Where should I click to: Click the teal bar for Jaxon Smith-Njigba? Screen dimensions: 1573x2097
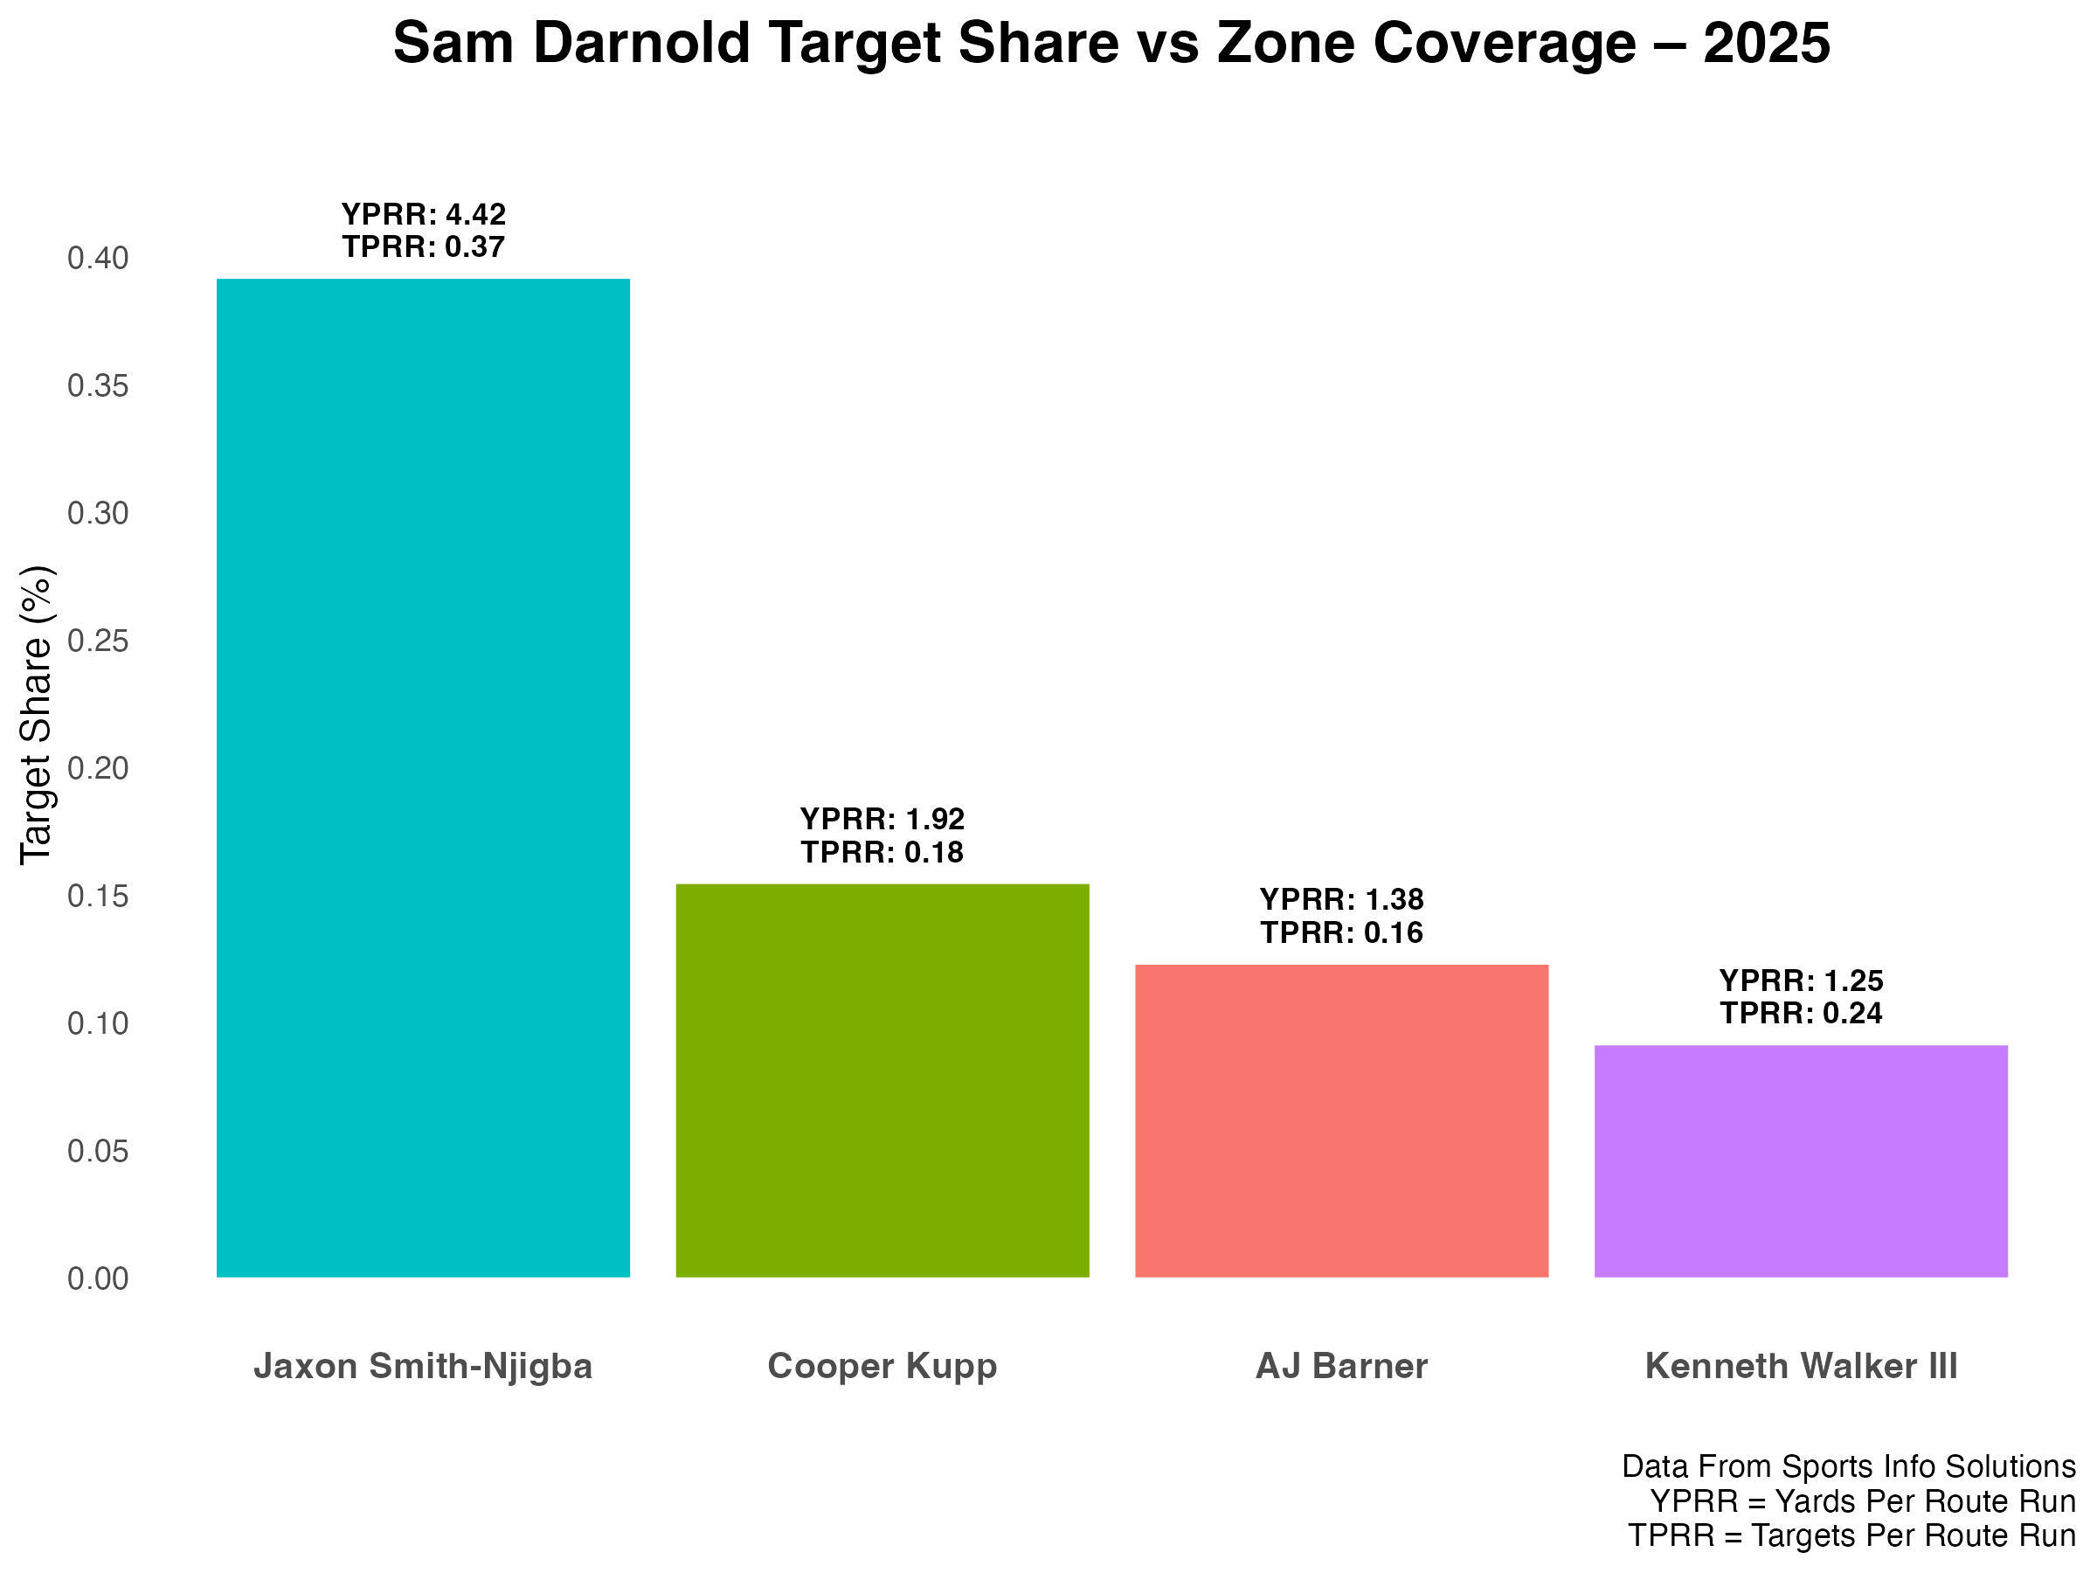coord(423,778)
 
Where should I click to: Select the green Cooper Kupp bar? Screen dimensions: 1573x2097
coord(882,1080)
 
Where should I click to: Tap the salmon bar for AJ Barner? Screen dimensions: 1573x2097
coord(1340,1119)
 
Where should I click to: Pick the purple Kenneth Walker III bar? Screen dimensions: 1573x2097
coord(1800,1161)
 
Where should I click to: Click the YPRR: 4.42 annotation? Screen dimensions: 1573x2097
coord(423,214)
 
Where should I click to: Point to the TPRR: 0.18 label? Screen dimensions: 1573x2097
coord(882,852)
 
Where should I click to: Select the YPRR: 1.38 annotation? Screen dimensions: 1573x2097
coord(1340,899)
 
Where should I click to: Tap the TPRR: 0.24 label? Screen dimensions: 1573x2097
coord(1800,1013)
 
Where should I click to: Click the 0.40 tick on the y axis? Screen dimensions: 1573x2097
coord(98,258)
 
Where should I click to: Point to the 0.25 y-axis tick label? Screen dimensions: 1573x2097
coord(98,641)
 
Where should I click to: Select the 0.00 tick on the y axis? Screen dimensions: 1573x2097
coord(98,1278)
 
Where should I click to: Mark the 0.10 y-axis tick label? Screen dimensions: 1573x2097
coord(98,1023)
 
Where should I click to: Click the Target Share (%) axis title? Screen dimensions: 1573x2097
coord(36,715)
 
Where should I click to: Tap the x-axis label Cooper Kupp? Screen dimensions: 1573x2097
coord(882,1366)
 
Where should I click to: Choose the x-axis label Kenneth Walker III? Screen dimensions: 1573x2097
coord(1800,1366)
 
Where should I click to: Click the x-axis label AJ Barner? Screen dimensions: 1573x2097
coord(1340,1366)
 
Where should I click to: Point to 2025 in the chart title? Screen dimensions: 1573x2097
coord(1766,44)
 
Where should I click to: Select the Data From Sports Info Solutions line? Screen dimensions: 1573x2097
coord(1848,1466)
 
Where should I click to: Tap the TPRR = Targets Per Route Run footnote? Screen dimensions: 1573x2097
coord(1851,1535)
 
